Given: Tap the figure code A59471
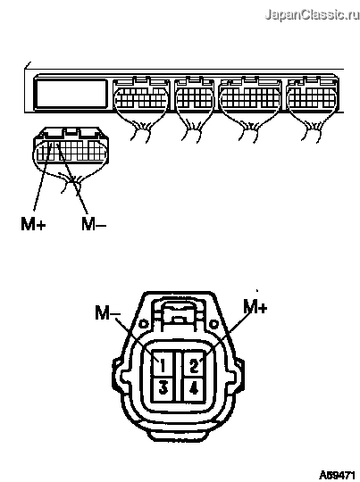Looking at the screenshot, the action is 336,475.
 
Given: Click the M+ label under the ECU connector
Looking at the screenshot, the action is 33,223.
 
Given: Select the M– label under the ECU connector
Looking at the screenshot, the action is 94,223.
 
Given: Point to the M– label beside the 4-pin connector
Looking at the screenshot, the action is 108,312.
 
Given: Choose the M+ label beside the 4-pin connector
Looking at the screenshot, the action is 255,306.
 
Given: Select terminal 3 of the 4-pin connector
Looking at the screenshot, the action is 163,389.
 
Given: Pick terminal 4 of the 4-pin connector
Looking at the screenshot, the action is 194,389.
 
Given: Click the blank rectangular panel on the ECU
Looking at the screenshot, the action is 71,94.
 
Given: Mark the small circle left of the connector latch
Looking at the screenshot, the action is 144,324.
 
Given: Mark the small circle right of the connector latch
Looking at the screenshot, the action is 213,324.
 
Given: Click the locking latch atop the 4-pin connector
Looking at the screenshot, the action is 179,316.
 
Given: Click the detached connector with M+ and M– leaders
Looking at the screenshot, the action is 71,148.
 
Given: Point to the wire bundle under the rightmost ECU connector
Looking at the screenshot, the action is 313,129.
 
